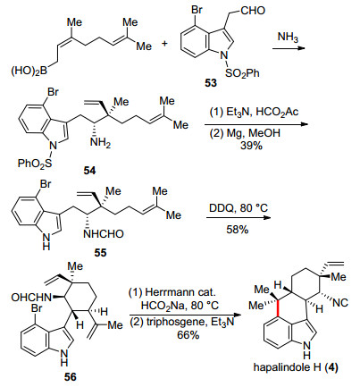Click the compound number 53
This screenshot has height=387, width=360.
pos(211,83)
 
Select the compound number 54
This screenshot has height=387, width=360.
pos(90,171)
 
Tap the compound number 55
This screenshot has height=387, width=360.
pos(100,253)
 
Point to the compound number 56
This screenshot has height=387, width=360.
pos(71,377)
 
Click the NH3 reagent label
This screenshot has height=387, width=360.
pos(288,38)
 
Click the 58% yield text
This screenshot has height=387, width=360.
pos(238,230)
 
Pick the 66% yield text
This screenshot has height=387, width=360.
pos(188,334)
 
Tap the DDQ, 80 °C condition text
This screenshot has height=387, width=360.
pos(239,207)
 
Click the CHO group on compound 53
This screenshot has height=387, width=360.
pos(253,11)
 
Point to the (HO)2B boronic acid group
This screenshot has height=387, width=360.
pos(29,72)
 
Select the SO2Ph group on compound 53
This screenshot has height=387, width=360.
pos(242,73)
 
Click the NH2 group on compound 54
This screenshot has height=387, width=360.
pos(100,143)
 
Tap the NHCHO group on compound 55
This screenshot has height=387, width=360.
pos(104,234)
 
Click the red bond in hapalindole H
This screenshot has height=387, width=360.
pos(278,308)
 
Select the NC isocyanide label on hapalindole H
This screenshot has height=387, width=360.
pos(340,303)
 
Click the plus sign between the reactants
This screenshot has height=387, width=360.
pos(164,44)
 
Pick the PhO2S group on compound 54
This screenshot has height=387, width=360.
pos(35,164)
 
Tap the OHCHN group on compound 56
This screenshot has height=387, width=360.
pos(31,297)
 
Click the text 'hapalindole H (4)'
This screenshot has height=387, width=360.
pos(296,367)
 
